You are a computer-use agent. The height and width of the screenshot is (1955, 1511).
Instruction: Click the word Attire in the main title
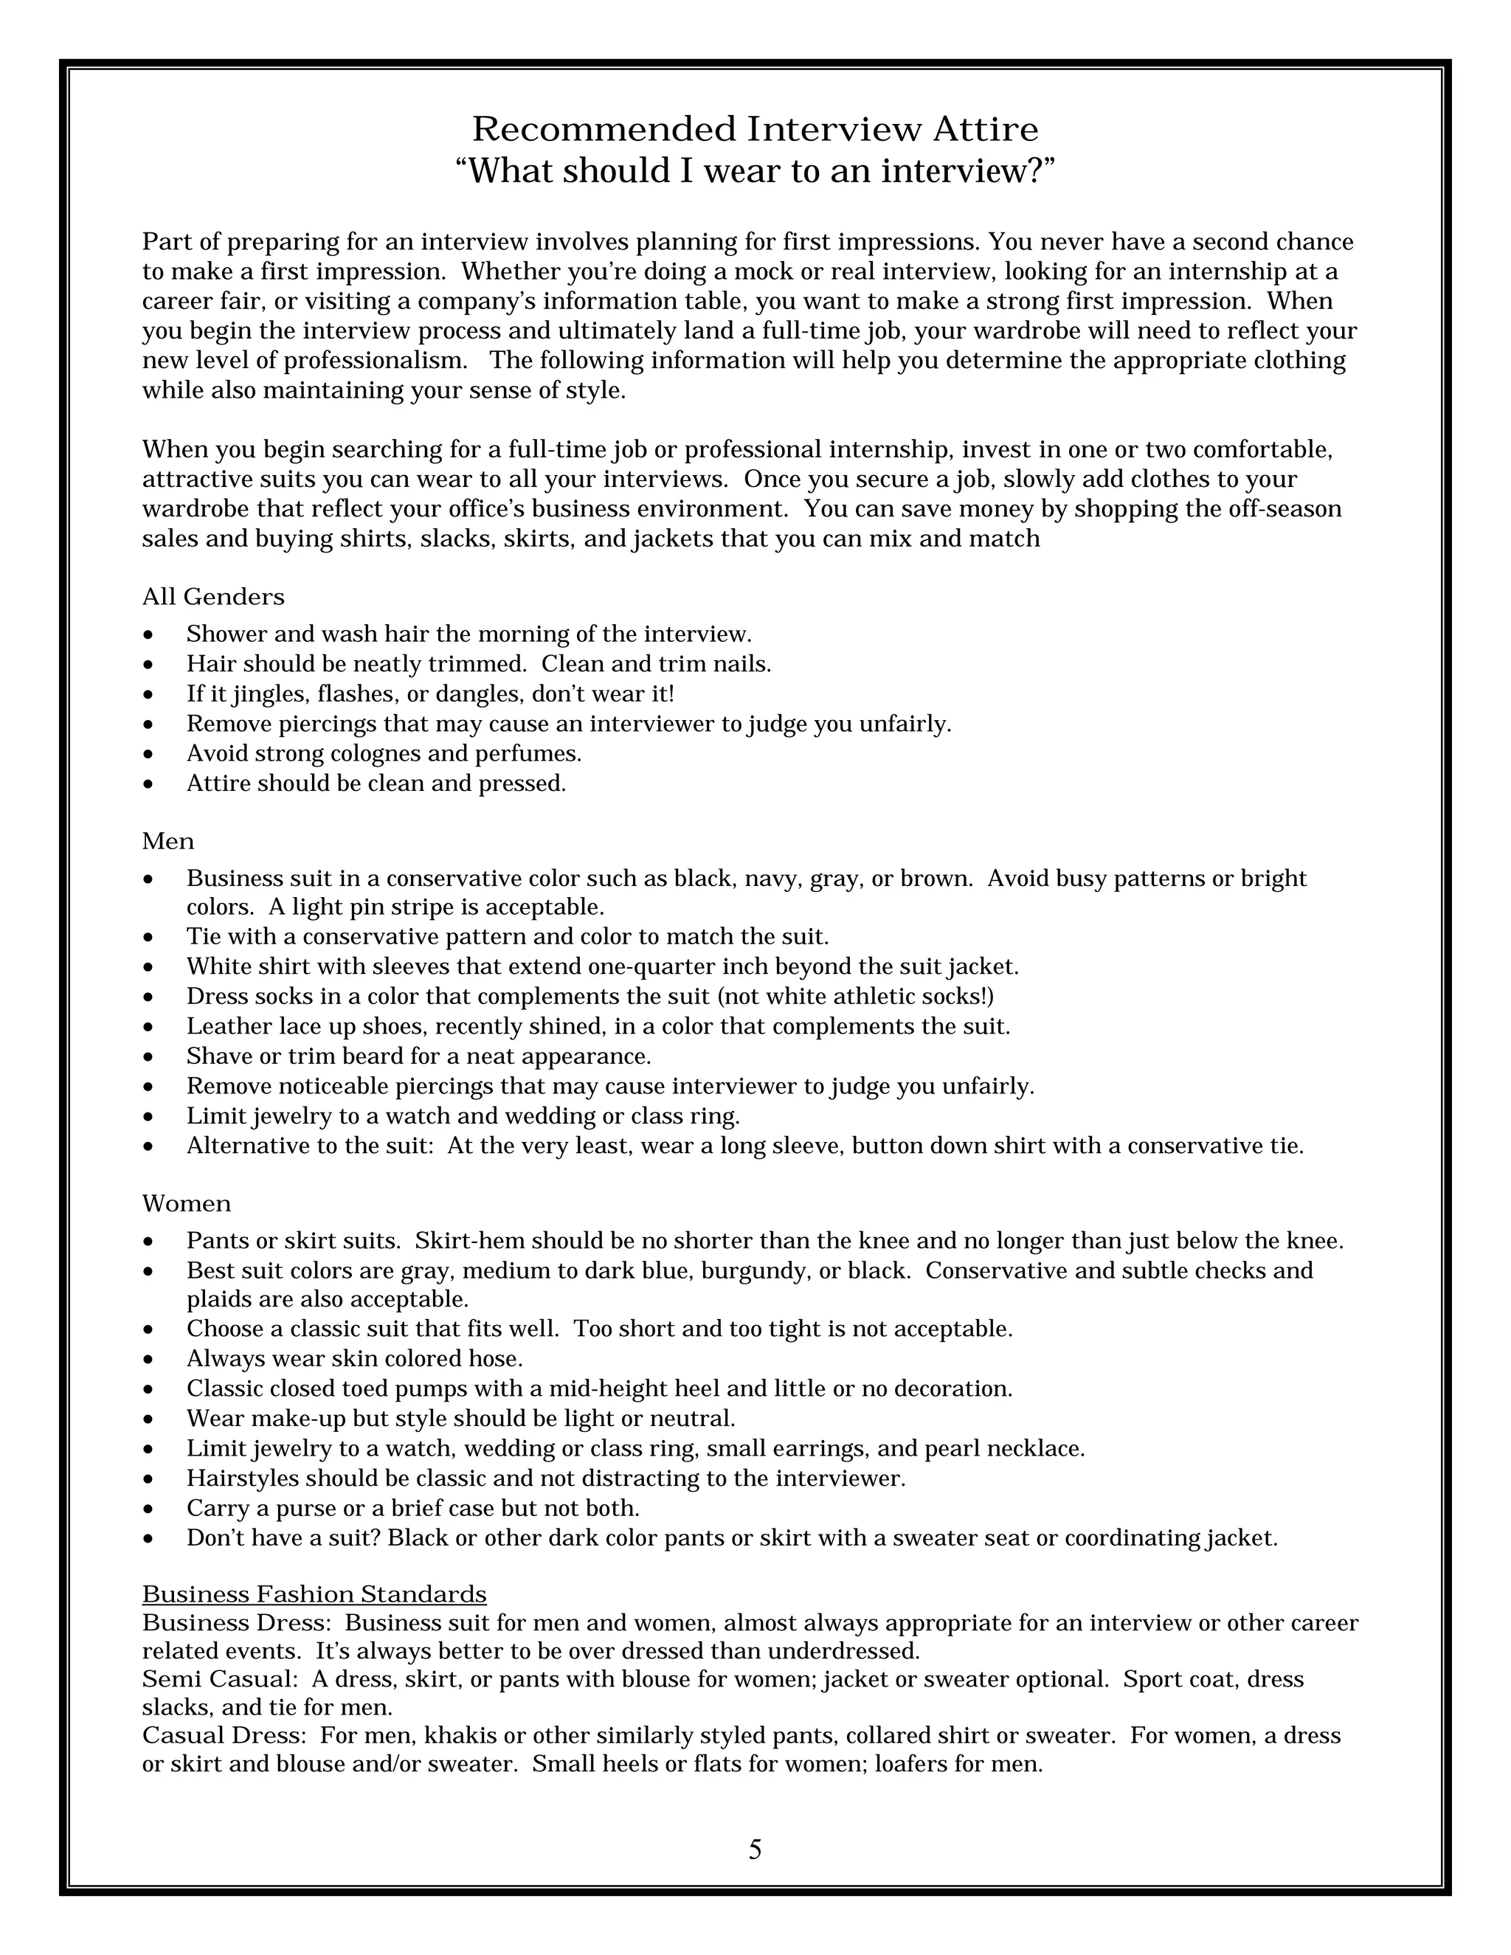(x=986, y=130)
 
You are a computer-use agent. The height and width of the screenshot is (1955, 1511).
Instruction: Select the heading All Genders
(x=213, y=597)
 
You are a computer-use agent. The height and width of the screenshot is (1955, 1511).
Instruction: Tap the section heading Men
(x=167, y=842)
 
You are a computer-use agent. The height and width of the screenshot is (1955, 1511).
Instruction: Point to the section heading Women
(x=186, y=1204)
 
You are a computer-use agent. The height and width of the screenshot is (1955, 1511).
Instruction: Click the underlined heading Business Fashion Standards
(x=314, y=1594)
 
